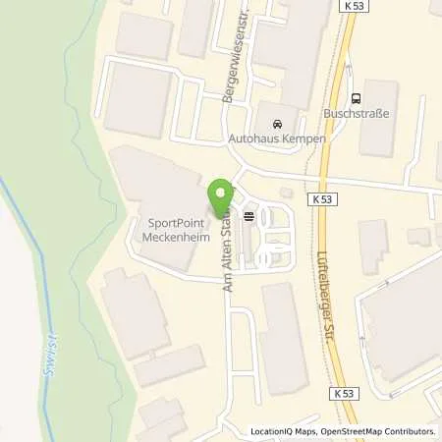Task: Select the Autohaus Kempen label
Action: point(278,138)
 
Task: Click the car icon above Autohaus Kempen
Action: point(278,124)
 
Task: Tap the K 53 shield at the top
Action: point(356,8)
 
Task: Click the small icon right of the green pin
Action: point(249,215)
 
